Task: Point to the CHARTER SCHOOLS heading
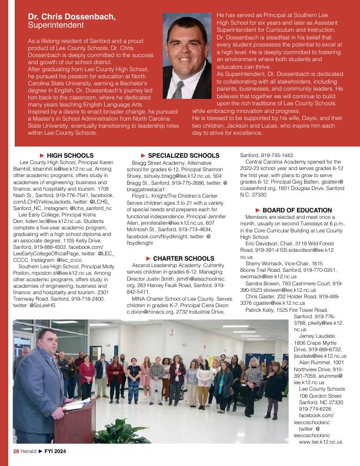click(179, 258)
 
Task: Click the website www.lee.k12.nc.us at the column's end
click(321, 441)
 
